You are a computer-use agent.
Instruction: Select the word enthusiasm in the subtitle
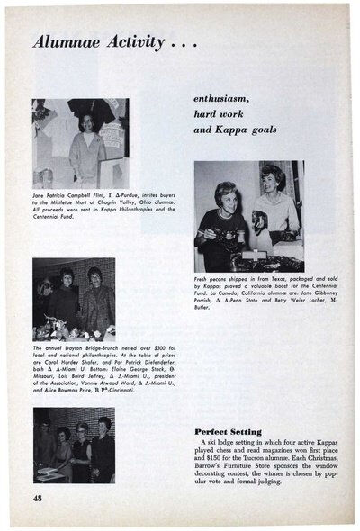pos(227,97)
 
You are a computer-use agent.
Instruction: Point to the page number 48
pos(39,498)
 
